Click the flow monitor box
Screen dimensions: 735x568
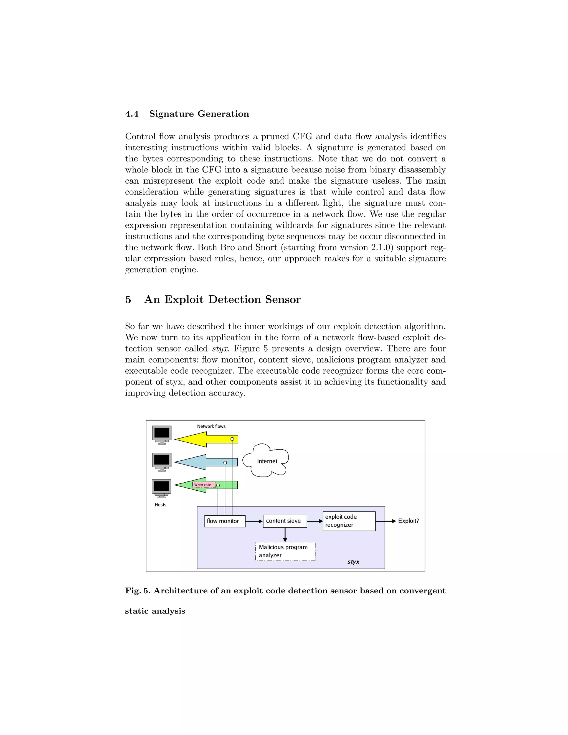[x=225, y=521]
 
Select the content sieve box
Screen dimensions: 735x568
[x=285, y=521]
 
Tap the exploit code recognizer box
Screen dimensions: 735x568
[x=349, y=521]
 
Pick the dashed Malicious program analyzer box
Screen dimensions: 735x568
[x=285, y=551]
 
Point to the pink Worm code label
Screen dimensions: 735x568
[x=203, y=485]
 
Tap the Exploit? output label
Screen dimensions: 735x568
[x=409, y=521]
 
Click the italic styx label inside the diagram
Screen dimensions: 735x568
[x=353, y=562]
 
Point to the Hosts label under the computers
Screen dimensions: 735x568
[x=161, y=505]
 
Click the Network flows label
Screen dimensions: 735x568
[x=211, y=426]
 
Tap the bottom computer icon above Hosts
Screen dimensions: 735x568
[x=161, y=488]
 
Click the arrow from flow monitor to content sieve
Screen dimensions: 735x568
[x=254, y=521]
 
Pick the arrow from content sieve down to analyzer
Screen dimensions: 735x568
[x=285, y=534]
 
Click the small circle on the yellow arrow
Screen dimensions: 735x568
[x=232, y=439]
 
